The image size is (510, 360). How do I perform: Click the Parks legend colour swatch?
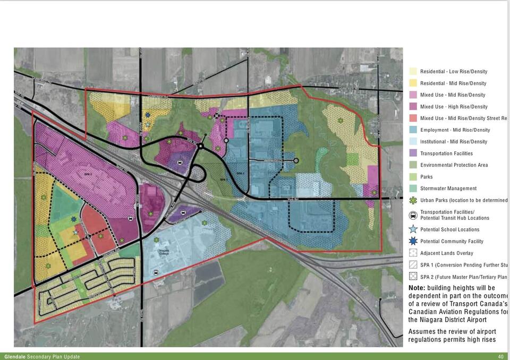[413, 177]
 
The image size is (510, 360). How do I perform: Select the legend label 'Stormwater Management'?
[448, 188]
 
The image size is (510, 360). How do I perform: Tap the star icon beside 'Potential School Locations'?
[413, 229]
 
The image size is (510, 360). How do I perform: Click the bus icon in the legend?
[413, 215]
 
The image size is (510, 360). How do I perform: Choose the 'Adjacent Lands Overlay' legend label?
[446, 253]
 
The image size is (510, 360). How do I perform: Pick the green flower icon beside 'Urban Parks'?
[413, 200]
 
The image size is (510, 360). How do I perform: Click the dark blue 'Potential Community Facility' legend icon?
[413, 241]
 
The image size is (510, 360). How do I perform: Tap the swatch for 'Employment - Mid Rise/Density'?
[413, 130]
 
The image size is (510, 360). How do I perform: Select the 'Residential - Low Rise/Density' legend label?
[453, 72]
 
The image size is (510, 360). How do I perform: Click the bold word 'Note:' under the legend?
[416, 288]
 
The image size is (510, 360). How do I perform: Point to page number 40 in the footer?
[500, 357]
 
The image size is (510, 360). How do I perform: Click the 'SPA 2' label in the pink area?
[88, 174]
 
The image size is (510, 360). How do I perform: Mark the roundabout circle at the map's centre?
[201, 146]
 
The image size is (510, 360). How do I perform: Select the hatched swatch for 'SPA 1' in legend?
[413, 265]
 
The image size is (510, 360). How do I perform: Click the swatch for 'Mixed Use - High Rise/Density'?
[413, 107]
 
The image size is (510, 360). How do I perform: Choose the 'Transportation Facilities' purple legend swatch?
[413, 153]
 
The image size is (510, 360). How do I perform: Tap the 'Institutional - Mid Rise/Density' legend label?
[453, 142]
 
